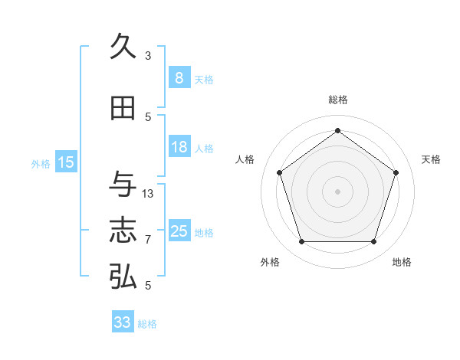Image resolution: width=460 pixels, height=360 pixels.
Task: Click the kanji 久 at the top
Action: [x=123, y=47]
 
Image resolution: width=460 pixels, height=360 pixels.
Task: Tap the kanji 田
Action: [x=123, y=109]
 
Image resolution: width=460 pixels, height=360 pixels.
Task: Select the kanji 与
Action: [x=123, y=185]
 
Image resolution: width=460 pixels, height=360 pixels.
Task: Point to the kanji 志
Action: [x=123, y=231]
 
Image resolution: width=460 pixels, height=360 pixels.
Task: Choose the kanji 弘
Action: [x=123, y=277]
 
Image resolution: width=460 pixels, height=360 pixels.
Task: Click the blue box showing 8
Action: [x=179, y=78]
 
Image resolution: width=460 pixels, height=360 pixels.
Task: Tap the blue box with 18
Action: [x=179, y=147]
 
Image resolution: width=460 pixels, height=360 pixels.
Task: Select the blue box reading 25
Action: [x=179, y=231]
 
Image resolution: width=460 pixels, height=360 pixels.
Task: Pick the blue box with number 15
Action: [x=66, y=162]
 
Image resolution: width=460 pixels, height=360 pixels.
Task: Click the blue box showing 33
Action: [x=122, y=322]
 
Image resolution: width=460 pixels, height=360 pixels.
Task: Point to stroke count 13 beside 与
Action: [x=148, y=194]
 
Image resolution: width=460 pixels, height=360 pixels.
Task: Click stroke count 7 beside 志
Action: [x=148, y=240]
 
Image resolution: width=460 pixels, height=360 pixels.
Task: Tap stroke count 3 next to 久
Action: [x=148, y=56]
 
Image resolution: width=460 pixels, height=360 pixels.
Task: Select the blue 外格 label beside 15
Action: [x=41, y=163]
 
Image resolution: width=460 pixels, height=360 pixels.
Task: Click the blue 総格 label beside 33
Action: [x=147, y=324]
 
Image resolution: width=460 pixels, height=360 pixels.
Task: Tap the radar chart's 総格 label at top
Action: [x=338, y=100]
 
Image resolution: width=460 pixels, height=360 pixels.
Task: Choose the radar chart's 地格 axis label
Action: [x=402, y=262]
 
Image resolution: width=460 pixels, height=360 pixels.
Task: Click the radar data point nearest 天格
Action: [x=396, y=172]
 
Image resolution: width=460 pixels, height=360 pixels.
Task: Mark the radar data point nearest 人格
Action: [x=279, y=172]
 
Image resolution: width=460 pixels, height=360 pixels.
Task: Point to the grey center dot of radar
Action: [x=337, y=191]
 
